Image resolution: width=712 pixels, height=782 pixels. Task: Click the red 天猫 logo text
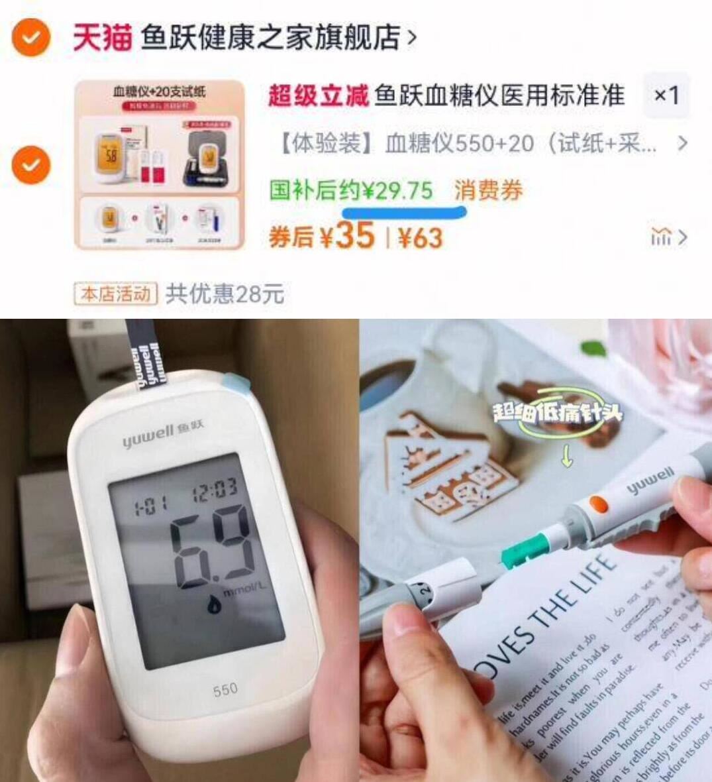pos(101,37)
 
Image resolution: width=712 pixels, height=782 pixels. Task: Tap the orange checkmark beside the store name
pos(30,37)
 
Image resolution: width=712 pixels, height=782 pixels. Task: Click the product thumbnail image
pos(160,164)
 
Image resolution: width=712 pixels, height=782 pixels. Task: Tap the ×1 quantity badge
pos(666,96)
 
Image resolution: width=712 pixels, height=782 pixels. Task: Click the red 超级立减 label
pos(317,97)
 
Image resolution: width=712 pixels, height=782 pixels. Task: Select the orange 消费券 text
pos(489,191)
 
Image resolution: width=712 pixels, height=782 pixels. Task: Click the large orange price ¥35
pos(354,235)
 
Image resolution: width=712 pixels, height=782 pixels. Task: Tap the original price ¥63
pos(420,237)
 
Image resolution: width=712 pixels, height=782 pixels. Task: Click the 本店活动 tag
pos(115,294)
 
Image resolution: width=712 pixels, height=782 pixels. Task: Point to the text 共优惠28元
pos(225,294)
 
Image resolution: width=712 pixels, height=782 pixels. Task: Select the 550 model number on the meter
pos(225,691)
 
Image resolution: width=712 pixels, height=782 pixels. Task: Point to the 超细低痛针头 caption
pos(557,413)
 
